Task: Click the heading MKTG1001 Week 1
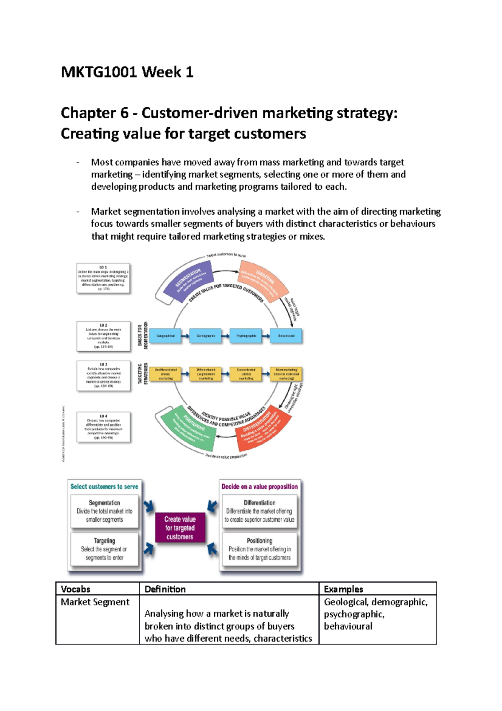coord(127,72)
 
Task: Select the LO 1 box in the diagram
coord(103,278)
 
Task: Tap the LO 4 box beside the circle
coord(103,427)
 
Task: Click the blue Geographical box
coord(166,336)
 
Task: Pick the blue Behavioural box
coord(286,336)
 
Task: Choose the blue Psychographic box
coord(246,336)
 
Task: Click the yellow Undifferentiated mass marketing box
coord(166,374)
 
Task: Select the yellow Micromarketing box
coord(286,374)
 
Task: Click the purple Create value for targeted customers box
coord(180,528)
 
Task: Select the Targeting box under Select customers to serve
coord(104,549)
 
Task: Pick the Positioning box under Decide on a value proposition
coord(259,549)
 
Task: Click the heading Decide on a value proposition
coord(259,487)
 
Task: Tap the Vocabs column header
coord(76,589)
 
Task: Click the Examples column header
coord(343,589)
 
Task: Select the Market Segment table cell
coord(95,602)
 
